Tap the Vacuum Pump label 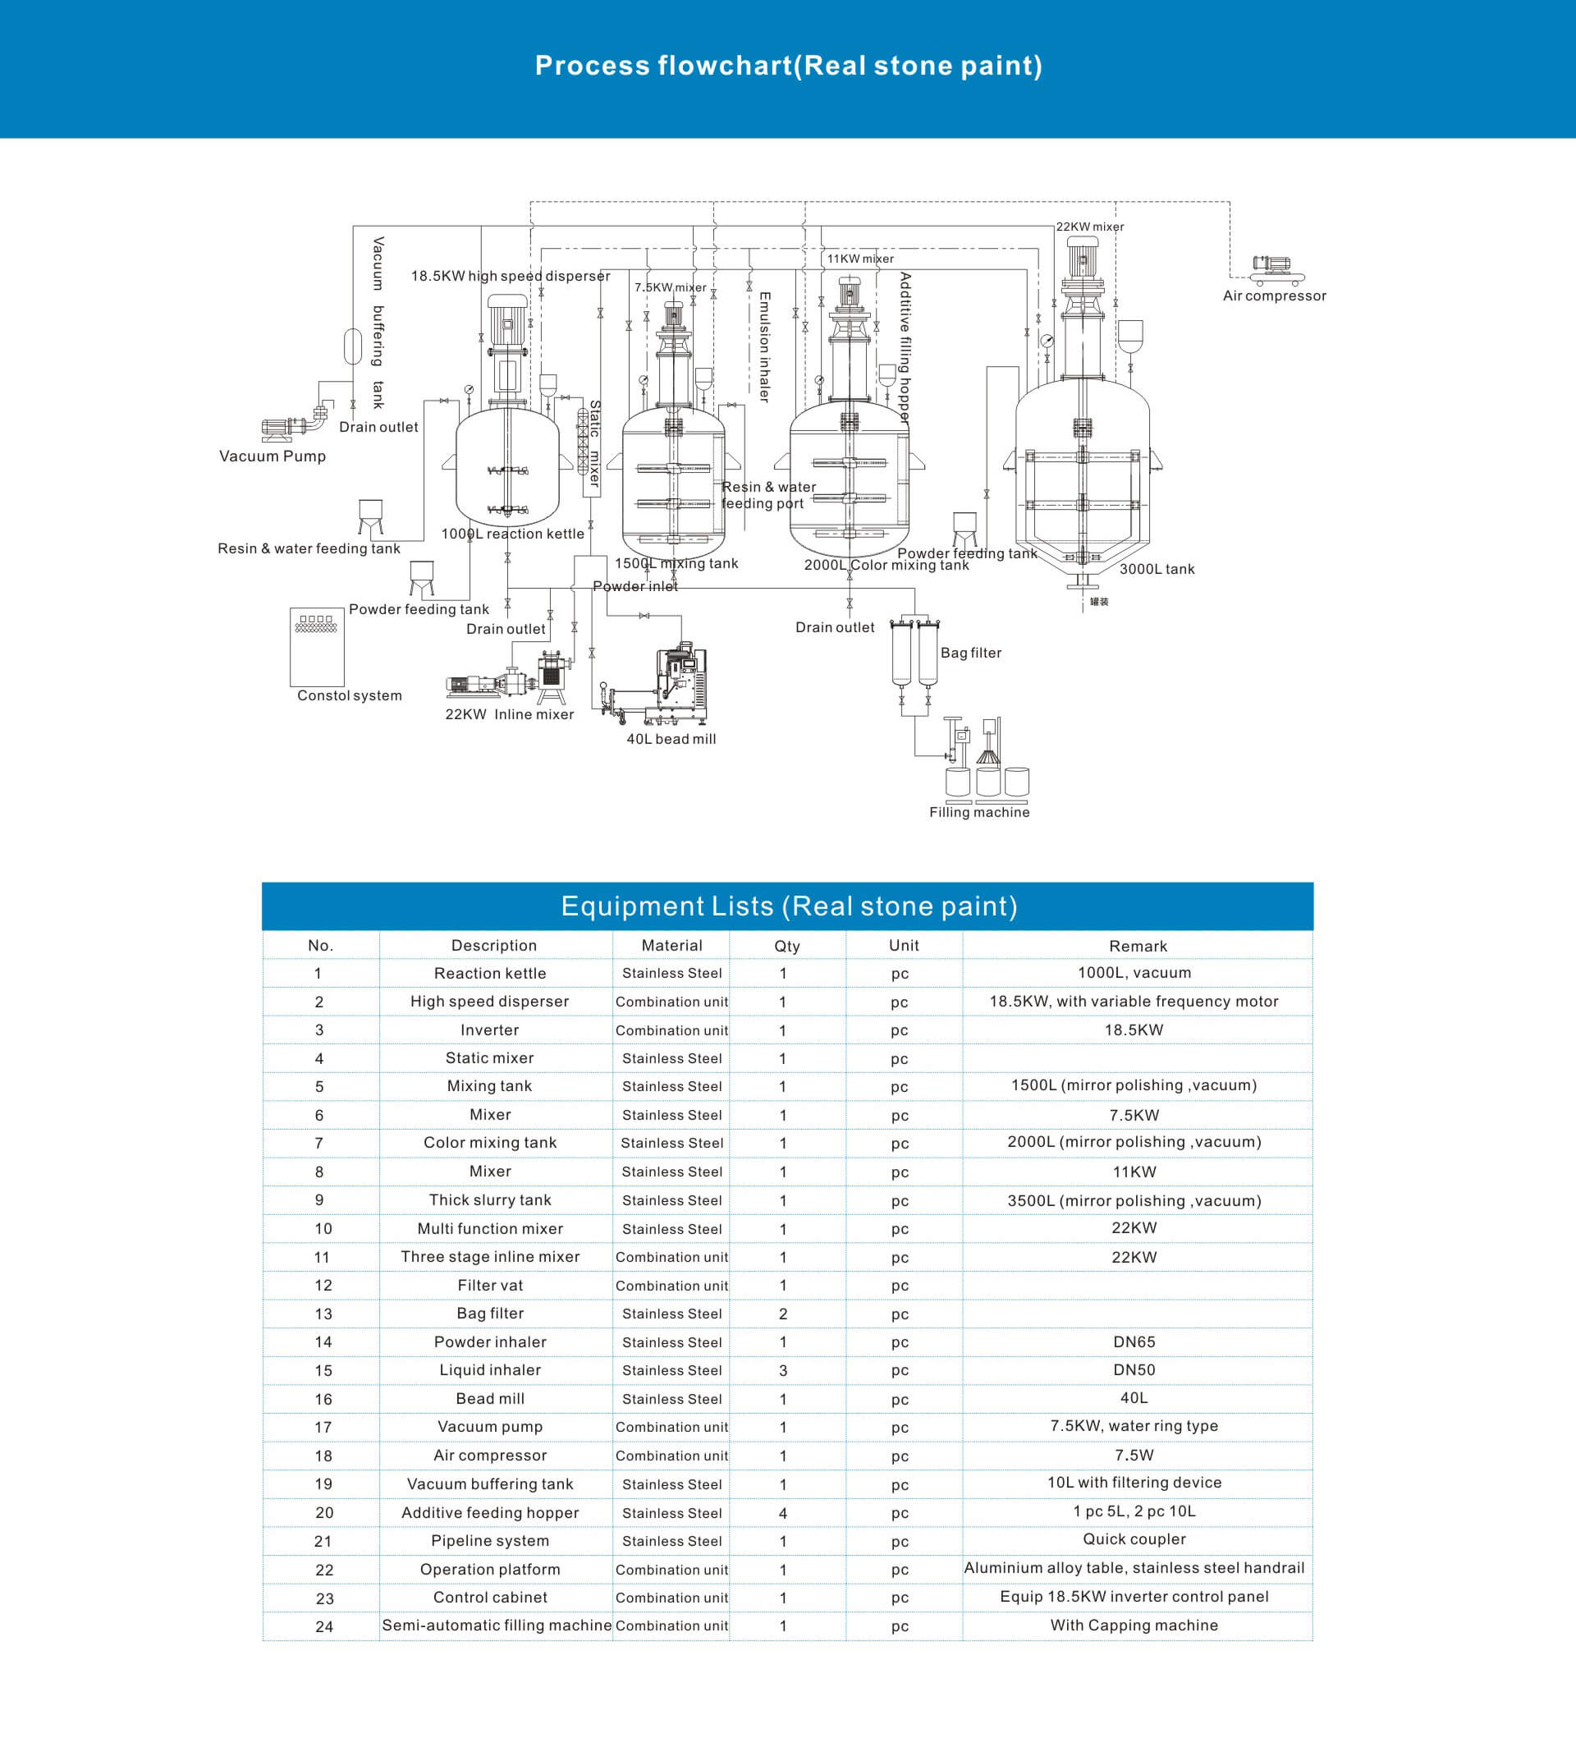(273, 456)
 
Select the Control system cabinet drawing (318, 647)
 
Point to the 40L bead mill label (671, 739)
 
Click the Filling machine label (979, 812)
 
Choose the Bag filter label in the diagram (971, 653)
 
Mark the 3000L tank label (1157, 569)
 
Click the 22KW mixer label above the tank (1090, 227)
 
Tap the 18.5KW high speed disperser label (511, 276)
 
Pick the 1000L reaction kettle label (513, 534)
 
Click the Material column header (671, 946)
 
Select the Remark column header (1138, 946)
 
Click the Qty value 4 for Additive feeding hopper (783, 1513)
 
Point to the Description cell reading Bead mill (490, 1398)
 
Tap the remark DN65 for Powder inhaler (1134, 1341)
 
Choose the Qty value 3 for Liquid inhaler (783, 1370)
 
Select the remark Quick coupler (1134, 1539)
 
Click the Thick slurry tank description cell (490, 1200)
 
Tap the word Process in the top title (593, 66)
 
